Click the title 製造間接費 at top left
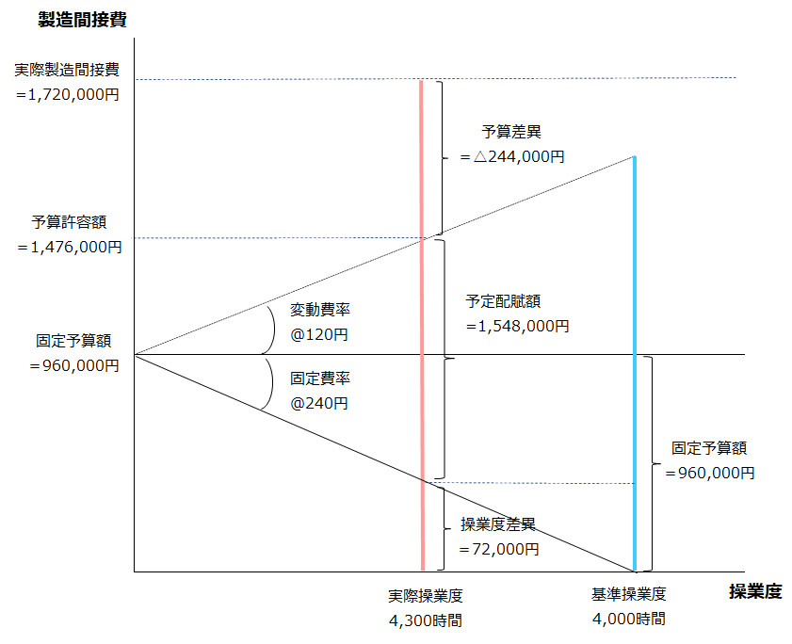82,19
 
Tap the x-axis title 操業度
755,591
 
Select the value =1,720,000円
68,94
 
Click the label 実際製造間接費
67,70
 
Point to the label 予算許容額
69,222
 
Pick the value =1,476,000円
70,247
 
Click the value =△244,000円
512,156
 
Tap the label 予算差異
511,132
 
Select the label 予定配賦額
503,301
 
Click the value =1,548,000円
518,327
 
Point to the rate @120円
318,334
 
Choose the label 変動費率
320,310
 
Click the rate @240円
318,403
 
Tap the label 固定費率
320,378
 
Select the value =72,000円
499,549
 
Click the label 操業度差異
498,524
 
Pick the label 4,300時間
426,620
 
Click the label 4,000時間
629,619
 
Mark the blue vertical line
635,363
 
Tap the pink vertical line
421,325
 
